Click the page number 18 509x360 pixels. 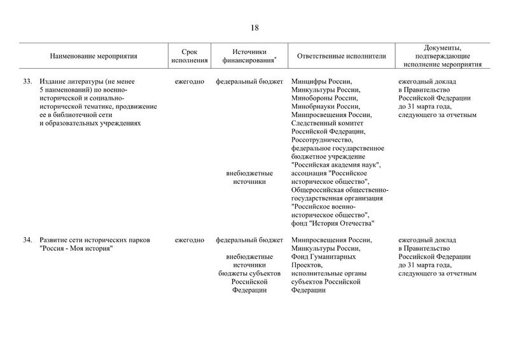(254, 27)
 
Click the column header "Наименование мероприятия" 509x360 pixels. (94, 57)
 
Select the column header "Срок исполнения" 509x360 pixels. (189, 57)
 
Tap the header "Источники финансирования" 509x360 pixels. (249, 57)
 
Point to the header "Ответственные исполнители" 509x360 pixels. (342, 57)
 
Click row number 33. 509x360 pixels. (27, 81)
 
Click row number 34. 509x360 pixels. (27, 240)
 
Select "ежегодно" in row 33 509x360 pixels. (189, 81)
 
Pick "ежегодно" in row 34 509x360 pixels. (189, 240)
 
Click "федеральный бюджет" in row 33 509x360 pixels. (249, 81)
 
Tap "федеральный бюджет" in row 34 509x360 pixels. (249, 240)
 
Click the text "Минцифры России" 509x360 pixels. (321, 81)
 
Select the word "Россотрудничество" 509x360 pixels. (323, 139)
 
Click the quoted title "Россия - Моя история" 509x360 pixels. (76, 249)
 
